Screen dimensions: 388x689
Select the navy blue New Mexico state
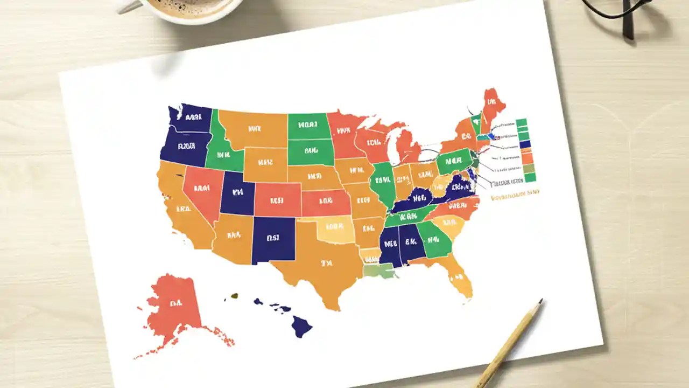click(x=273, y=240)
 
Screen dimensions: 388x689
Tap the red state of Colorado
click(x=277, y=199)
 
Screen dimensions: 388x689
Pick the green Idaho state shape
click(x=222, y=151)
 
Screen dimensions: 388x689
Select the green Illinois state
click(x=383, y=183)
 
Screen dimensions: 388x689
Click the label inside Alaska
click(x=175, y=303)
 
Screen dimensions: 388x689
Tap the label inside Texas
click(x=326, y=264)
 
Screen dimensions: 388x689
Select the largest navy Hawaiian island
click(x=301, y=326)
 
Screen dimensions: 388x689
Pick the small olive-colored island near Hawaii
click(x=234, y=295)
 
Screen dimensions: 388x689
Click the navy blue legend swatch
click(x=525, y=144)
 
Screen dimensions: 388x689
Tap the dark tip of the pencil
click(x=540, y=301)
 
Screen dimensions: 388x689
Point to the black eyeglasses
click(x=624, y=11)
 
